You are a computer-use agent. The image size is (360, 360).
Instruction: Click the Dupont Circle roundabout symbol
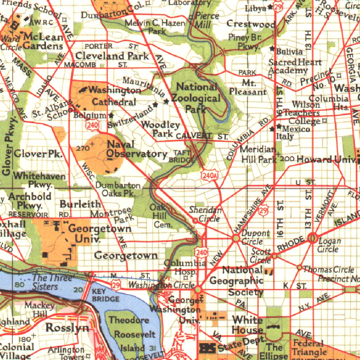[x=236, y=239]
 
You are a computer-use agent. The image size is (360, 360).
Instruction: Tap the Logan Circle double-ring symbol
[x=312, y=238]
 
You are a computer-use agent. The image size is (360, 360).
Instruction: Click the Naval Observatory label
[x=137, y=149]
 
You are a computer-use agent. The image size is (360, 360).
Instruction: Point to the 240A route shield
[x=210, y=175]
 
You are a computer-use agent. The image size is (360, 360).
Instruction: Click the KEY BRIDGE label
[x=105, y=295]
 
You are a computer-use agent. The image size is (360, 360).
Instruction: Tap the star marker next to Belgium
[x=111, y=115]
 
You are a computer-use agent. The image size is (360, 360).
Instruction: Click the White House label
[x=247, y=325]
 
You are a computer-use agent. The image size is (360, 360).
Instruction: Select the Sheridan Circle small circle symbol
[x=195, y=221]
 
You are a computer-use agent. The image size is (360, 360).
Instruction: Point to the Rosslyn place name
[x=67, y=328]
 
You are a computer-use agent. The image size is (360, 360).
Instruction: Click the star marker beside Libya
[x=270, y=7]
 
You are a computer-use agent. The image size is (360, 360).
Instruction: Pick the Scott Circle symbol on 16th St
[x=274, y=256]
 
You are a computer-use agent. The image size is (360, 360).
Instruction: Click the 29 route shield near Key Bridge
[x=116, y=285]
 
